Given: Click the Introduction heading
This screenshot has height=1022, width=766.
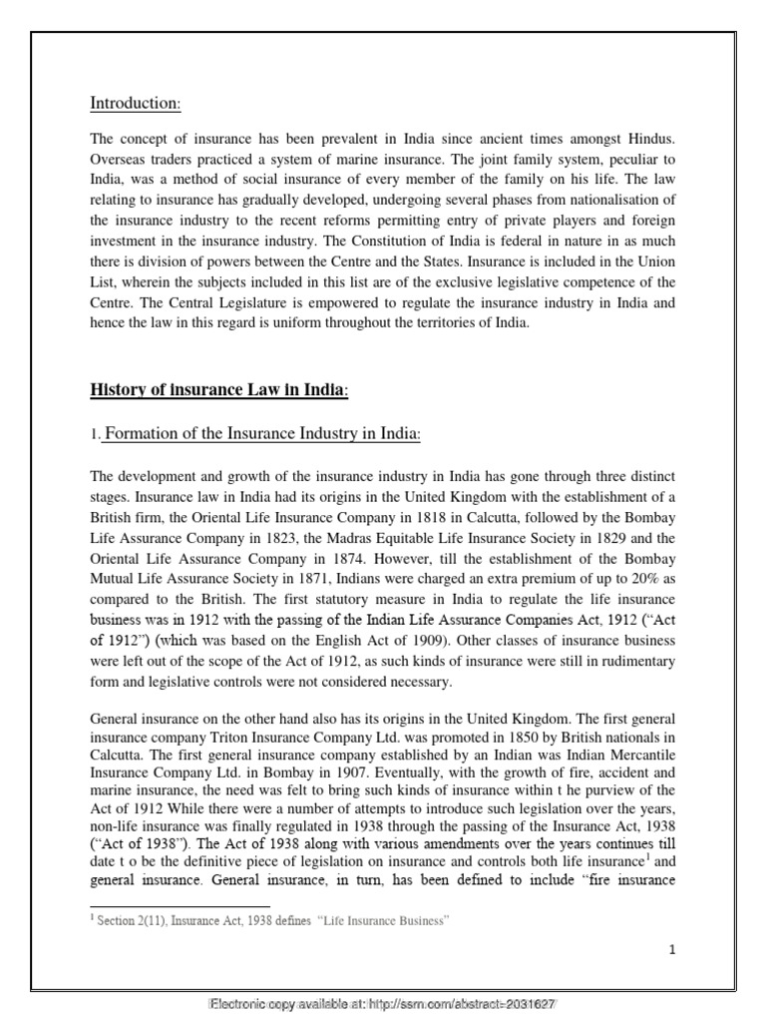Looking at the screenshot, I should tap(135, 103).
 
